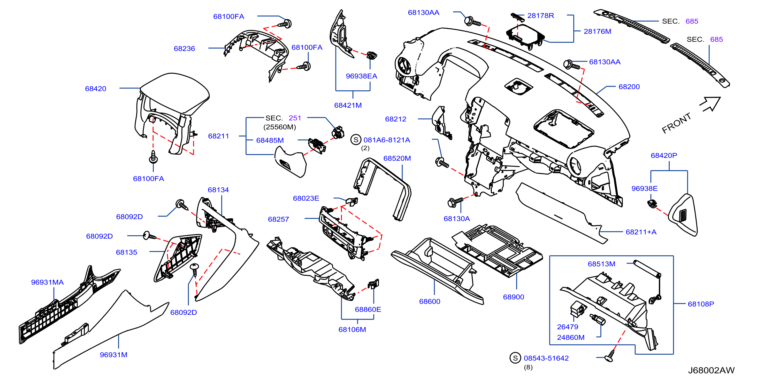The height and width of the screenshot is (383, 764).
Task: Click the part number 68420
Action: coord(96,89)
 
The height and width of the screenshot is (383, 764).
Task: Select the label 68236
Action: coord(184,49)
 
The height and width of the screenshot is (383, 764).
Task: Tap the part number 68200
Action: coord(629,87)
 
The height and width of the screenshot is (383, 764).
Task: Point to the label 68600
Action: coord(430,301)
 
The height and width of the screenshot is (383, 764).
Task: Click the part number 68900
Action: coord(513,297)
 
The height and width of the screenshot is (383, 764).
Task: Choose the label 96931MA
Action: coord(48,282)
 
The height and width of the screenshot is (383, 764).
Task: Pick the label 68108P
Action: coord(701,304)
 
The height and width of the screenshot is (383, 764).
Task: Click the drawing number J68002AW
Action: coord(711,370)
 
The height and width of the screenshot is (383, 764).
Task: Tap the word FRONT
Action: coord(676,123)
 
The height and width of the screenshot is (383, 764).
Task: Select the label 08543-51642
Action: coord(546,358)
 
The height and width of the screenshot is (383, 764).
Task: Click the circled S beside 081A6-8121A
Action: coord(356,140)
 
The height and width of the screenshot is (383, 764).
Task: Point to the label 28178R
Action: coord(540,16)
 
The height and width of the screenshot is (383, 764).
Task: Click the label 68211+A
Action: coord(641,232)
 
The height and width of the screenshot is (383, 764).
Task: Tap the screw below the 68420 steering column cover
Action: coord(153,157)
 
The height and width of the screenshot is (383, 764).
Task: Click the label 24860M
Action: coord(571,337)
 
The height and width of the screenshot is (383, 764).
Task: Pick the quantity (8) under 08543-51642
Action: coord(528,367)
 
